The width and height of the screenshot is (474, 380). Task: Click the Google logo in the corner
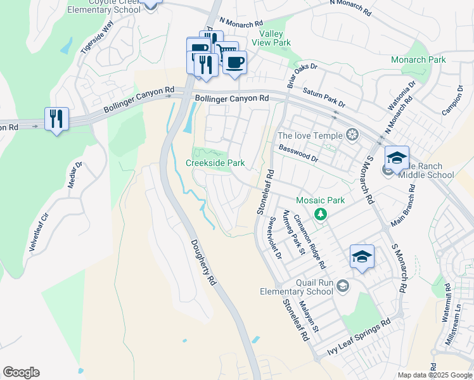coord(21,372)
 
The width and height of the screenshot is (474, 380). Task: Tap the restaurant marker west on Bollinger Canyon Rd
coord(56,118)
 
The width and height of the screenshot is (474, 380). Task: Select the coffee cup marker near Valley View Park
coord(234,63)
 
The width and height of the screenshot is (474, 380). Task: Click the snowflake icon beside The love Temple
coord(352,135)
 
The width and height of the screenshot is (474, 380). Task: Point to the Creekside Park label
coord(215,163)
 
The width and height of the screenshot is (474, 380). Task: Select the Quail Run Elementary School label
coord(296,287)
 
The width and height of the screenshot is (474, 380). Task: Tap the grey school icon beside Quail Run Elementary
coord(343,286)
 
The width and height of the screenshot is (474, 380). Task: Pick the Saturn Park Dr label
coord(324,98)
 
